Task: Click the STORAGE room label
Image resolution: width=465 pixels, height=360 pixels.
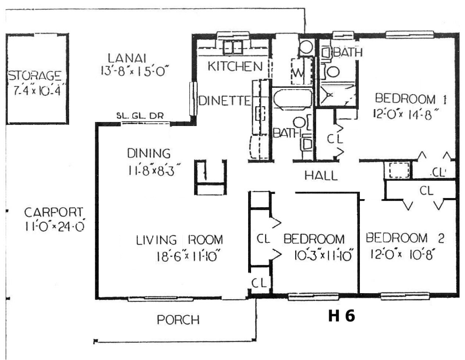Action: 35,76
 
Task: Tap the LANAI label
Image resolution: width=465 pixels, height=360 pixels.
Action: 127,58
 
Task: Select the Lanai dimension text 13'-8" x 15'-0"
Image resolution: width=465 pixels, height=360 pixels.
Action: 135,71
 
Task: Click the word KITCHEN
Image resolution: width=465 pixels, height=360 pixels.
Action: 235,66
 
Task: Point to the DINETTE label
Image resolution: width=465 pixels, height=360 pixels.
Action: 225,101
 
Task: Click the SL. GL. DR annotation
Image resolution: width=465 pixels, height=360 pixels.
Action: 140,116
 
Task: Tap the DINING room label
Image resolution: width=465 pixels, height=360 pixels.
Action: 149,153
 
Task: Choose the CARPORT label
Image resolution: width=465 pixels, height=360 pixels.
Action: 54,212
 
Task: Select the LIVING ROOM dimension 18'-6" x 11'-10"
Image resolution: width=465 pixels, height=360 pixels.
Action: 188,256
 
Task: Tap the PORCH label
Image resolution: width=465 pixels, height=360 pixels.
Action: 178,320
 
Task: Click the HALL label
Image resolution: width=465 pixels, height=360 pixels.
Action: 321,176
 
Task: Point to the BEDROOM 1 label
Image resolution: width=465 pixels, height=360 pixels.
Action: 411,99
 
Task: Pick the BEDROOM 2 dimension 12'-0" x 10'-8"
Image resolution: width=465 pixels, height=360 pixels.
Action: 403,255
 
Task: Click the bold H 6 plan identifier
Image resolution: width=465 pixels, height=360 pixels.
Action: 342,316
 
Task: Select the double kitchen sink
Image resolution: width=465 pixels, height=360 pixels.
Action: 233,47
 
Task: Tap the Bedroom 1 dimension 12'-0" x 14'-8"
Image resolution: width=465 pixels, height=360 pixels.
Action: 406,114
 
